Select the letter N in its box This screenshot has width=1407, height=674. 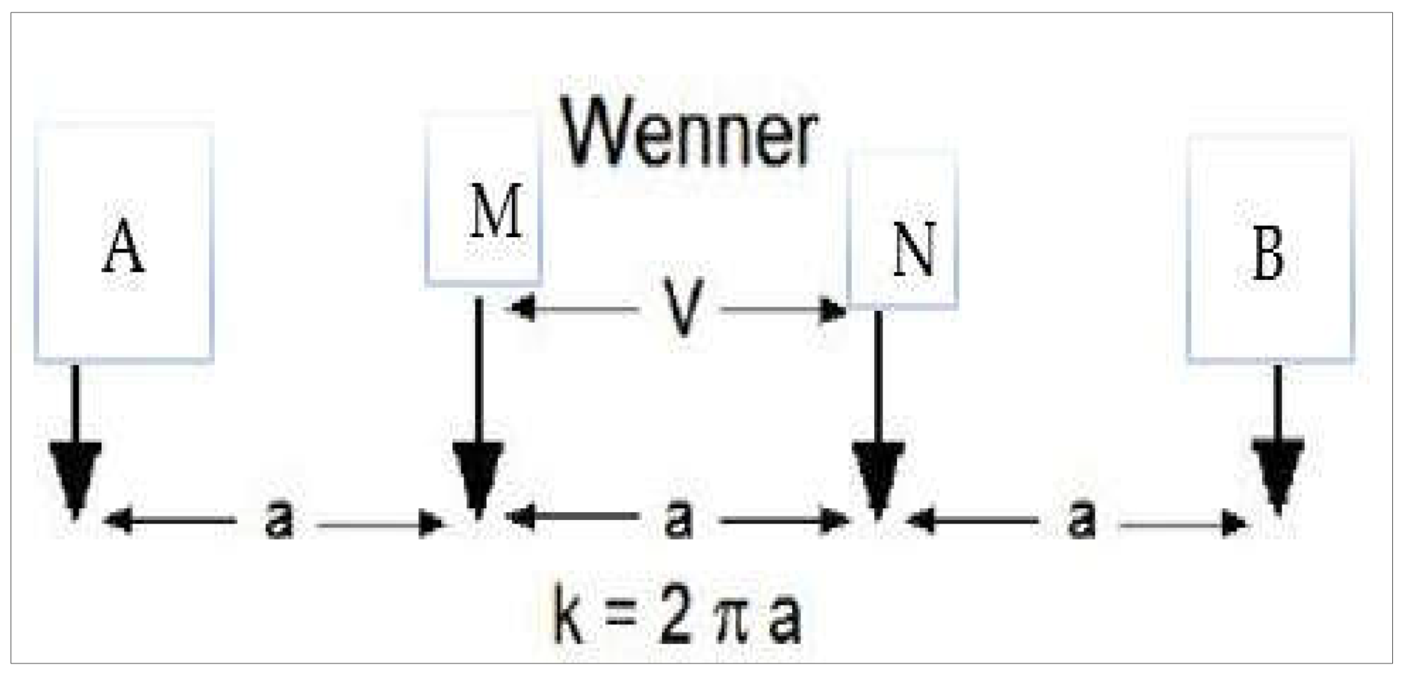(x=915, y=251)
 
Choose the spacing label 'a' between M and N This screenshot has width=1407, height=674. (x=678, y=519)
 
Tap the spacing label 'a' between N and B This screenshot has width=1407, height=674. (x=1081, y=520)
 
